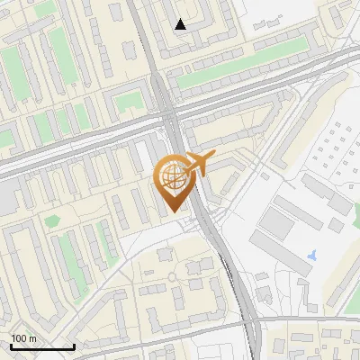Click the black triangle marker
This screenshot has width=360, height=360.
pos(180,24)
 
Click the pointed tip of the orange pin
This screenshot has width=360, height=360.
pos(172,212)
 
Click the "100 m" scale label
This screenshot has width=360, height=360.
pos(23,338)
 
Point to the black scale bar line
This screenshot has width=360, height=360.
pos(42,346)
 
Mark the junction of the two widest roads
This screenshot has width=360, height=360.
pos(169,112)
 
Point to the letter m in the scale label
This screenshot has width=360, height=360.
pos(32,338)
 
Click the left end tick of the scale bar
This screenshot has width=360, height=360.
pos(11,345)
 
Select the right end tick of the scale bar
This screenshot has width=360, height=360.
pos(74,345)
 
